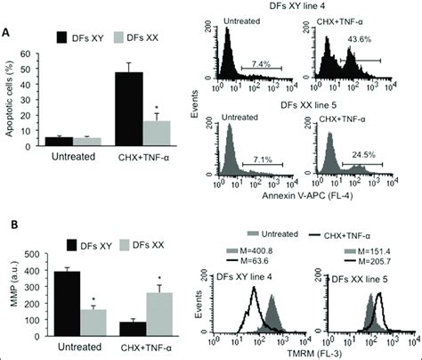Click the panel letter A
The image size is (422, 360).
click(x=8, y=30)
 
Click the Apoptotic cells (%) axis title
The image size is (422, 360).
click(x=11, y=100)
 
